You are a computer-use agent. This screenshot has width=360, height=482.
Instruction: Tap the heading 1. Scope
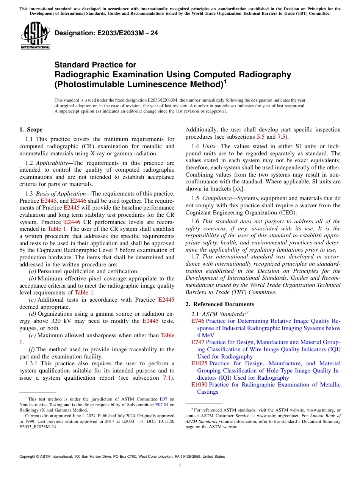tap(31, 130)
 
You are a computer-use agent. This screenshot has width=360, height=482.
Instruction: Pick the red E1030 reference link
tap(199, 385)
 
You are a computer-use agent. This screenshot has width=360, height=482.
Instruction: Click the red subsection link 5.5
tap(261, 137)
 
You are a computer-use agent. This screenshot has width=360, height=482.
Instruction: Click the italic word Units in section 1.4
tap(209, 146)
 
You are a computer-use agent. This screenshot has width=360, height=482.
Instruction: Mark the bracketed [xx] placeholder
tap(239, 189)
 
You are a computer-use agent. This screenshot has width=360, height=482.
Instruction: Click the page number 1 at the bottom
tap(180, 466)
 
